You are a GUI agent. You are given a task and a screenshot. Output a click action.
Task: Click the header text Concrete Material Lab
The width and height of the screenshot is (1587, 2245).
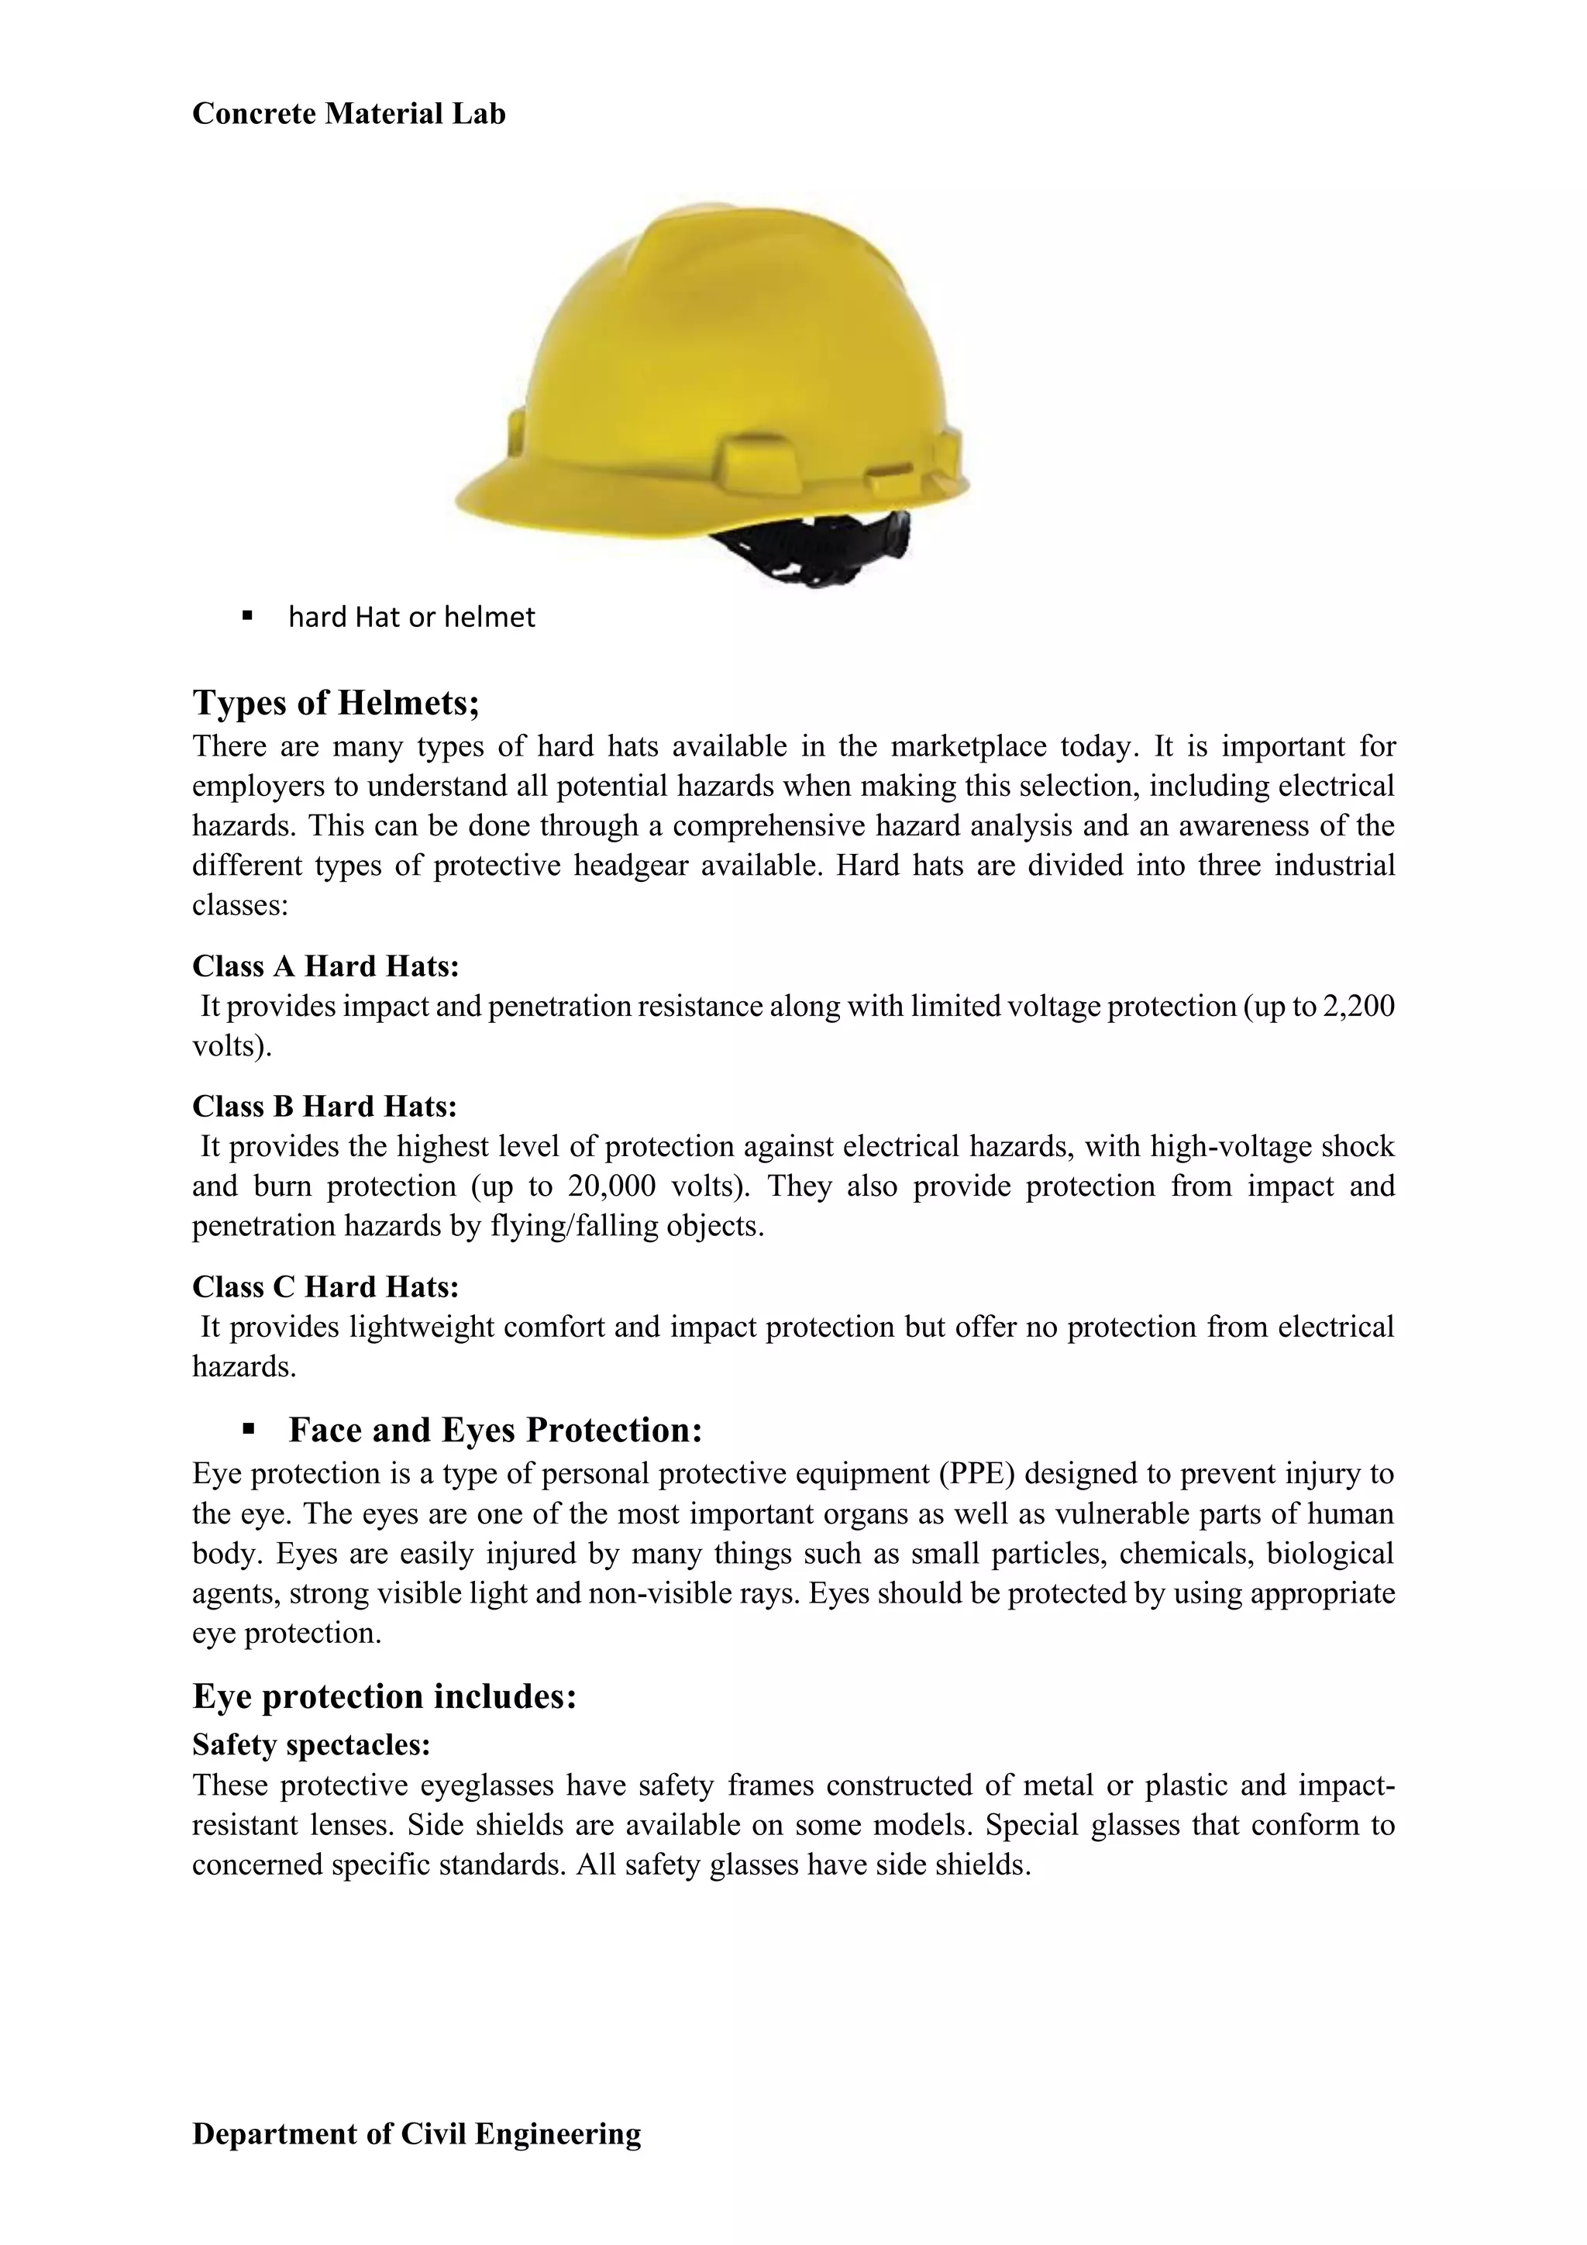pos(348,113)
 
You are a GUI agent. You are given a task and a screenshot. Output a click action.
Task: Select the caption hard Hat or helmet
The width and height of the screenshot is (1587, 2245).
pos(411,617)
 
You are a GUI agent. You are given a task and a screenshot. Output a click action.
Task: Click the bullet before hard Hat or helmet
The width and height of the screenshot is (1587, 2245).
pos(247,616)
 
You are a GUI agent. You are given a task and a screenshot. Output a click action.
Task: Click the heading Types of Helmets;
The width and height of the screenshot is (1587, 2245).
pos(336,702)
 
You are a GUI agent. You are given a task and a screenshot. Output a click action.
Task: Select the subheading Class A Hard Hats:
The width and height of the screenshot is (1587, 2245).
pos(325,966)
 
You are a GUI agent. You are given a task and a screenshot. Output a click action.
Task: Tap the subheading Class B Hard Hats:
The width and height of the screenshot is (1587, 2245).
pos(324,1106)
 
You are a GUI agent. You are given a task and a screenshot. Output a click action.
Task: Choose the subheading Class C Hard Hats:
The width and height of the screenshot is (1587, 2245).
pos(325,1286)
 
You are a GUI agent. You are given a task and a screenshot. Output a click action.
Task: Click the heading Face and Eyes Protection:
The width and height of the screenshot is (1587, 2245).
pos(495,1430)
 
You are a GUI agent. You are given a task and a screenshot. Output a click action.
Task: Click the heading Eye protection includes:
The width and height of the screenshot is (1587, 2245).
pos(384,1696)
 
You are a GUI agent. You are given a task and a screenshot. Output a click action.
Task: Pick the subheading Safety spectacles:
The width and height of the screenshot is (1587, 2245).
pos(311,1744)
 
